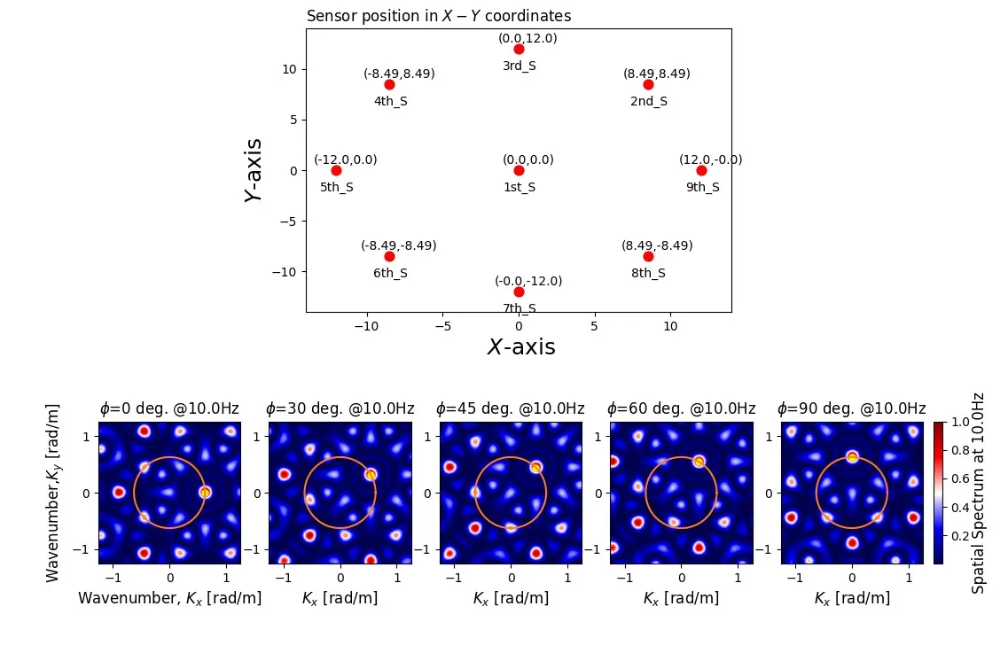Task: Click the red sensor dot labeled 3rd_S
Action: [x=519, y=49]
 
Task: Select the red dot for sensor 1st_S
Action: [x=519, y=170]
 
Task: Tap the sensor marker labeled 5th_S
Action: [x=336, y=170]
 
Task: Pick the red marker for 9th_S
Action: [x=701, y=170]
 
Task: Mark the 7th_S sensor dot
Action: [x=519, y=292]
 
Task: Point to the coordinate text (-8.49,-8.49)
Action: [x=398, y=245]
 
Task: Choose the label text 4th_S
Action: [x=390, y=102]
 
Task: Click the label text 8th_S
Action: [x=648, y=274]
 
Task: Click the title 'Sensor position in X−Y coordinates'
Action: [x=438, y=16]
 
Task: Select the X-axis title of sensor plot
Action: [x=520, y=347]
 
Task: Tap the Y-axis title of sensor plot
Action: [x=254, y=170]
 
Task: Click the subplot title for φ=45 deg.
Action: [x=510, y=408]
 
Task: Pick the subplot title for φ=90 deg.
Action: [x=851, y=408]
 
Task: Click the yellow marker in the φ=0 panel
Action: [x=205, y=492]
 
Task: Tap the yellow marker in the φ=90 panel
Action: [x=852, y=457]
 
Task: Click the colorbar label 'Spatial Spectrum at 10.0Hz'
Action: [x=979, y=493]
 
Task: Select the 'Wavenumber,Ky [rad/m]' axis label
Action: [x=53, y=493]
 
